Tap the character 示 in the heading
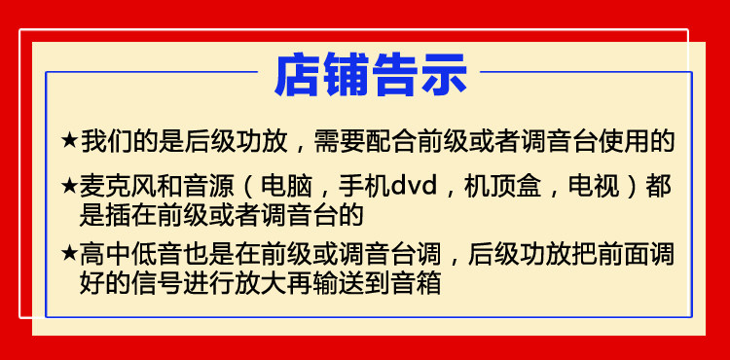[x=444, y=74]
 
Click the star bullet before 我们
[x=69, y=140]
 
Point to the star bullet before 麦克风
[x=69, y=187]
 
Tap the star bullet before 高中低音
[x=69, y=254]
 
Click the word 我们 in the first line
[x=106, y=140]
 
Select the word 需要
[x=340, y=140]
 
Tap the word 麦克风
[x=119, y=187]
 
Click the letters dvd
[x=414, y=187]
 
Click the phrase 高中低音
[x=131, y=254]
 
